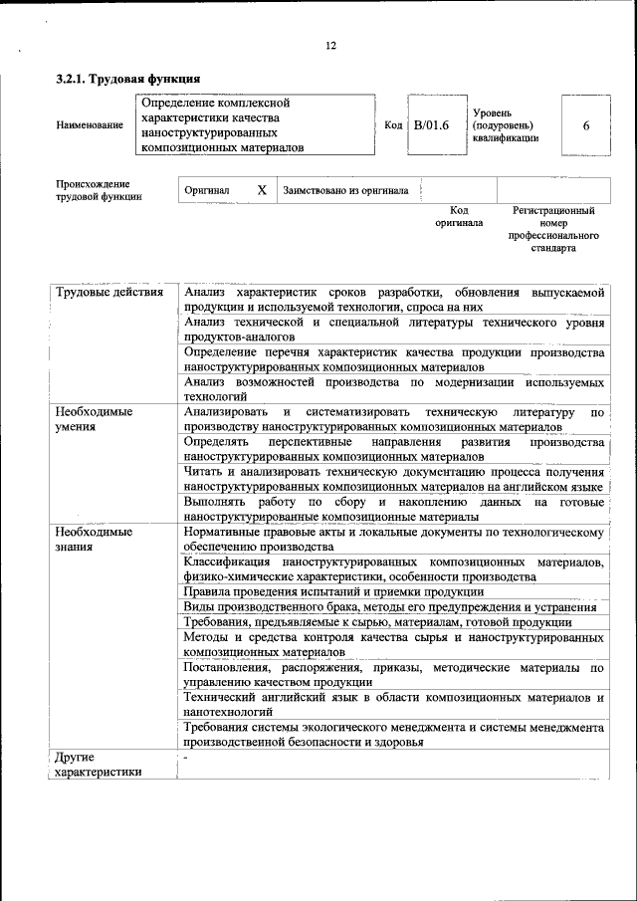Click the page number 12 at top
331,46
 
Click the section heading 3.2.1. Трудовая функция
128,79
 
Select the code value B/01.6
432,125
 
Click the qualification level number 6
586,125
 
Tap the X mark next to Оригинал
261,189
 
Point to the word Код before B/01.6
393,125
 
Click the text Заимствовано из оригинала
345,190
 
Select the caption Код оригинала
458,217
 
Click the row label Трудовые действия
109,293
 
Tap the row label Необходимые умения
95,418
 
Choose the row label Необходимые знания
95,540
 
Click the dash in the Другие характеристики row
186,759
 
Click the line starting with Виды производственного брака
390,607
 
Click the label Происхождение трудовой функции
99,190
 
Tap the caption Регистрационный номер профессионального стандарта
553,230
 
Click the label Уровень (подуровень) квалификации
505,125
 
